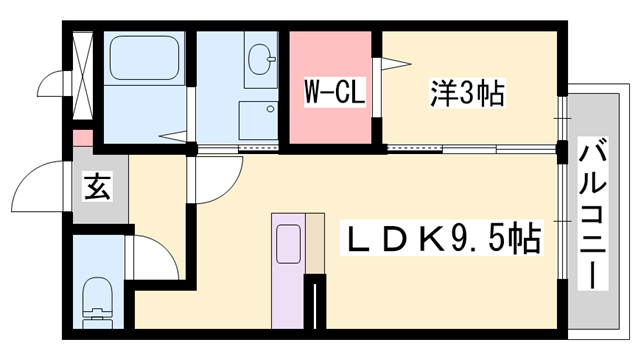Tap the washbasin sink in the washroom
263,57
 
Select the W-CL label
332,93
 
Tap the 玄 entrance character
98,185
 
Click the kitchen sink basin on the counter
288,244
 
